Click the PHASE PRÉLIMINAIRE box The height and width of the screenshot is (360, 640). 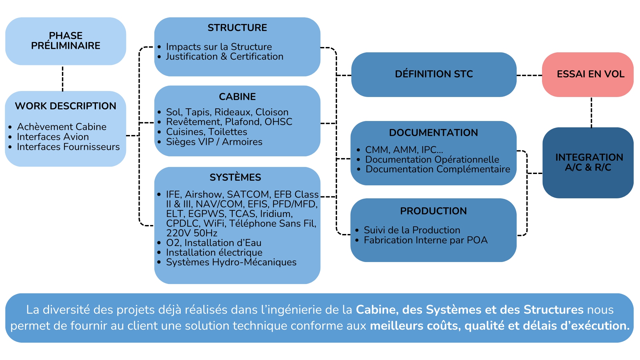coord(66,41)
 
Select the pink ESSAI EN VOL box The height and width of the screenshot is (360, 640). coord(588,74)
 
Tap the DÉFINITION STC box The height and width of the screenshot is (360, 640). coord(434,74)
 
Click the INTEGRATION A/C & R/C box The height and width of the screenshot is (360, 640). coord(588,163)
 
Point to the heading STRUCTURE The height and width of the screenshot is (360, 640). coord(237,28)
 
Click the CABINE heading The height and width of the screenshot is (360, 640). coord(237,97)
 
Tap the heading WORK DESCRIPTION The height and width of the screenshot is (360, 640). coord(66,106)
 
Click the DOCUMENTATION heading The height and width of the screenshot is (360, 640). coord(433,133)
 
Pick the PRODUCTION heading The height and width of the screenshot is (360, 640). coord(433,211)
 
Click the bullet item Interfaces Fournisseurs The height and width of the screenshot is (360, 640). coord(68,147)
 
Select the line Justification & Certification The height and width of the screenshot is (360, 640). coord(225,57)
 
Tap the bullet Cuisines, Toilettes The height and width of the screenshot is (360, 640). coord(207,132)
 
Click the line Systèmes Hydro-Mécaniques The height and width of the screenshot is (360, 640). coord(231,262)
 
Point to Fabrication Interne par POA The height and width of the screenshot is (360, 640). coord(426,240)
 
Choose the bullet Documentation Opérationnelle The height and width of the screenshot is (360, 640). coord(432,159)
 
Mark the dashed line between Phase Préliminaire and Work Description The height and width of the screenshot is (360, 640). coord(63,78)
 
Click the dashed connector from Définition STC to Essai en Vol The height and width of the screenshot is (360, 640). coord(529,75)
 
